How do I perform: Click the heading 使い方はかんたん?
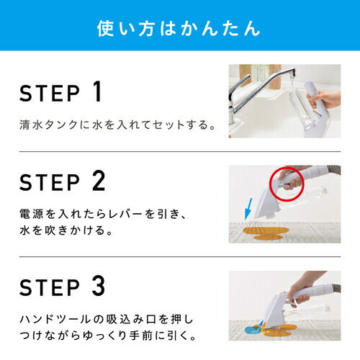coord(179,29)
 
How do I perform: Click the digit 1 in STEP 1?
coord(97,91)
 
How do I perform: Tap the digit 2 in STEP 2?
coord(99,181)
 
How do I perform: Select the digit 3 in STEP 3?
coord(99,286)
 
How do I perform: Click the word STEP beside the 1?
coord(50,94)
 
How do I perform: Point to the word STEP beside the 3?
coord(50,287)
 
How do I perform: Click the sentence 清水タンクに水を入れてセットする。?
coord(117,125)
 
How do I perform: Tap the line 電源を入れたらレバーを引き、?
coord(103,214)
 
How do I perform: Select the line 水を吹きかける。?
coord(66,230)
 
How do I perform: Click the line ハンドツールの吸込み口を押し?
coord(107,320)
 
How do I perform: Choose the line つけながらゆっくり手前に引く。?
coord(108,336)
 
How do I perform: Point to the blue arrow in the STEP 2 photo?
coord(248,209)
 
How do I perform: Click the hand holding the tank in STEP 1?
coord(324,99)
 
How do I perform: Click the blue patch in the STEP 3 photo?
coord(253,329)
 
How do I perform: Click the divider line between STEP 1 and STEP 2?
coord(180,151)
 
